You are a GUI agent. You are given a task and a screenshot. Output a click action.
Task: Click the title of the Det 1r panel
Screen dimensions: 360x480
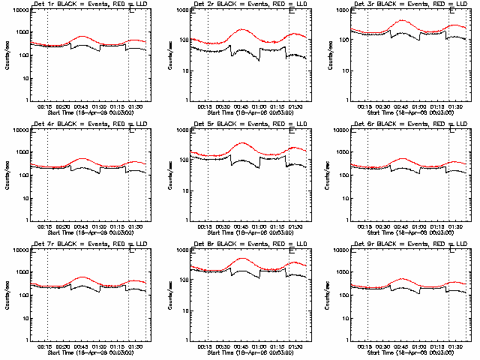coord(88,4)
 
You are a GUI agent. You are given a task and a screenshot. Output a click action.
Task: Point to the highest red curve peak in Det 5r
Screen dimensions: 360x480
coord(242,142)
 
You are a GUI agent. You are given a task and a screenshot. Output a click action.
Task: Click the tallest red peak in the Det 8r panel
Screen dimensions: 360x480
coord(242,258)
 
